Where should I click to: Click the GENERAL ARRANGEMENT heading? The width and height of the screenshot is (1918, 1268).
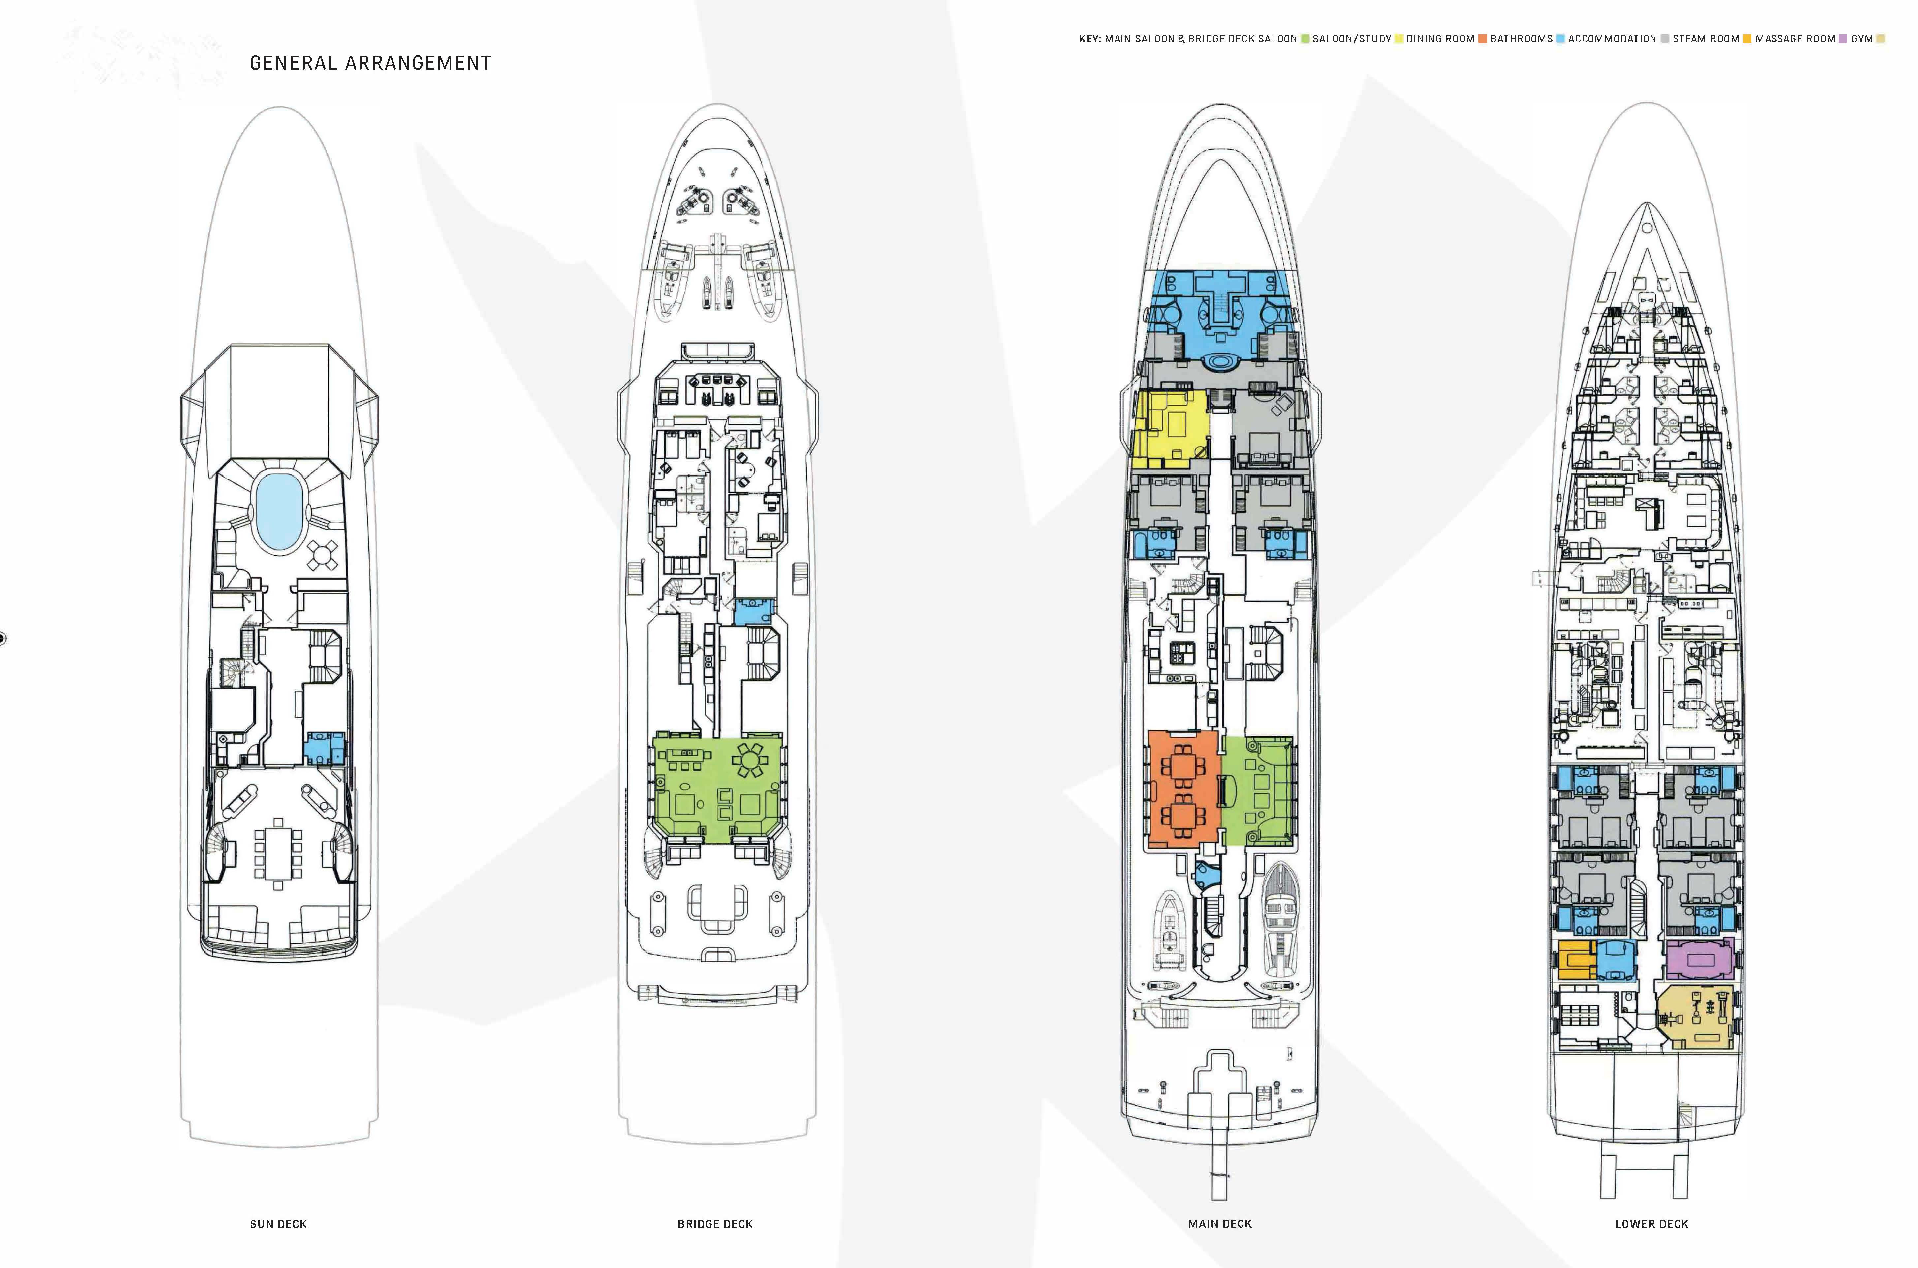(x=370, y=63)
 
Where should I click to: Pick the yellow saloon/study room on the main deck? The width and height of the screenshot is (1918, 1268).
(x=1168, y=429)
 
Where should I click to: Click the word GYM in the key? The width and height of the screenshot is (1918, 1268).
(x=1861, y=39)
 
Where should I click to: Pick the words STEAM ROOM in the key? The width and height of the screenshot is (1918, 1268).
(x=1705, y=39)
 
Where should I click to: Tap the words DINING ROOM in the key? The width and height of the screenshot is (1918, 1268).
(x=1440, y=39)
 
